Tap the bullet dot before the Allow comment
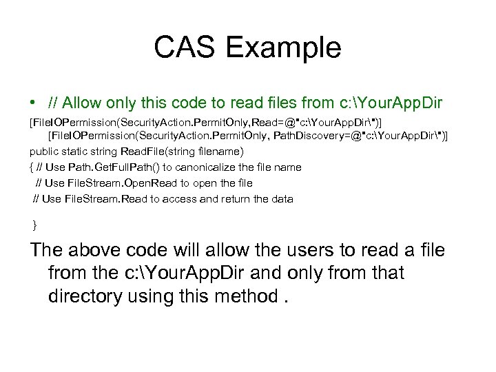coord(32,103)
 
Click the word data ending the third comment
coord(280,198)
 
